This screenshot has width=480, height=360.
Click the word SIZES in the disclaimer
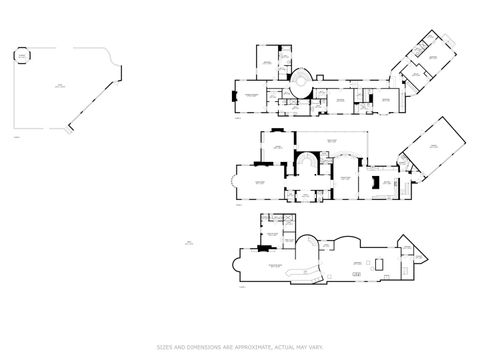[x=164, y=347]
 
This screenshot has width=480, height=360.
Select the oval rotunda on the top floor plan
[x=303, y=77]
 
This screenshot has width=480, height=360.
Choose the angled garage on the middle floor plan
[x=431, y=154]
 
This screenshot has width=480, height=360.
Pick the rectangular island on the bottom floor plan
[x=379, y=262]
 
